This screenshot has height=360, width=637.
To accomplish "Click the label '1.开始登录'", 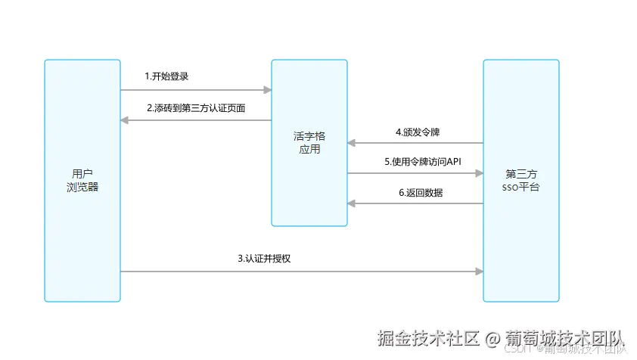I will (166, 76).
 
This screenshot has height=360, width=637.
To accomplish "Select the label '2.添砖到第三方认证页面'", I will (196, 107).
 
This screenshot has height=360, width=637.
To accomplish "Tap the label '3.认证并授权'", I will (265, 258).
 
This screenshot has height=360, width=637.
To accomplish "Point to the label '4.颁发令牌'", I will (418, 132).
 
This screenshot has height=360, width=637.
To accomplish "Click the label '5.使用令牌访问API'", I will (422, 162).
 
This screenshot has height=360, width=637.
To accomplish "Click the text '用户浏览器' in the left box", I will (82, 181).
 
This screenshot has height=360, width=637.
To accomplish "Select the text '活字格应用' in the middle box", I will (309, 143).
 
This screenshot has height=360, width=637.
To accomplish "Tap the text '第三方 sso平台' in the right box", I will (521, 181).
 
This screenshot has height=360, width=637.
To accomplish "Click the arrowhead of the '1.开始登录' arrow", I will (268, 90).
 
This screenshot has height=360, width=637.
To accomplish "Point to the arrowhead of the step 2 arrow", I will (125, 120).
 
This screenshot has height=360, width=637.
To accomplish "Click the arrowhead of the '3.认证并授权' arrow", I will (480, 272).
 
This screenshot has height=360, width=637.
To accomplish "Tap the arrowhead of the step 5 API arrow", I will (480, 173).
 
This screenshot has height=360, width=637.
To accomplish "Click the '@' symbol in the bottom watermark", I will (492, 338).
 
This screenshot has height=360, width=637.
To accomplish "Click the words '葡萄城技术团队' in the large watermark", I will (564, 338).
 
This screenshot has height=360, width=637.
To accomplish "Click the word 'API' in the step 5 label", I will (453, 162).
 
